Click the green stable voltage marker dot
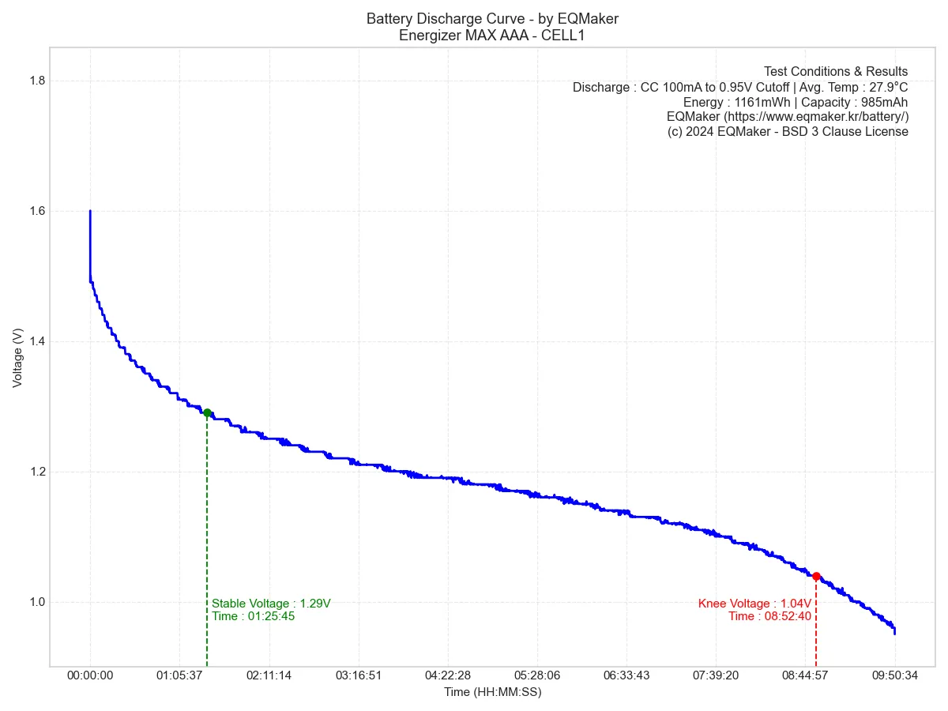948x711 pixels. (x=207, y=412)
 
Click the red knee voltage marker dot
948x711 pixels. (x=816, y=576)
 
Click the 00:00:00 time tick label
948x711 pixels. (x=90, y=675)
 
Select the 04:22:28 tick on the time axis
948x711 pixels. (x=447, y=675)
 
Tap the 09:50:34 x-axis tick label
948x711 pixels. (x=894, y=675)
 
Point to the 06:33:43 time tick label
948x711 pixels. (x=626, y=675)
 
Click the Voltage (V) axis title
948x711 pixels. (x=17, y=357)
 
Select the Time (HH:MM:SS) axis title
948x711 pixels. (x=492, y=692)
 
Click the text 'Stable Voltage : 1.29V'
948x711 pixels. (x=271, y=604)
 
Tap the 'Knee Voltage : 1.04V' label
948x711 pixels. (x=754, y=604)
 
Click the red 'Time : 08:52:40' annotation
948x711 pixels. (x=769, y=616)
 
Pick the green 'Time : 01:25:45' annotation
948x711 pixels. (x=253, y=616)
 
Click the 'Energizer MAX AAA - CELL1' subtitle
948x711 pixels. (x=492, y=35)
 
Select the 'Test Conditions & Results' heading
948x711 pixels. (x=836, y=71)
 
